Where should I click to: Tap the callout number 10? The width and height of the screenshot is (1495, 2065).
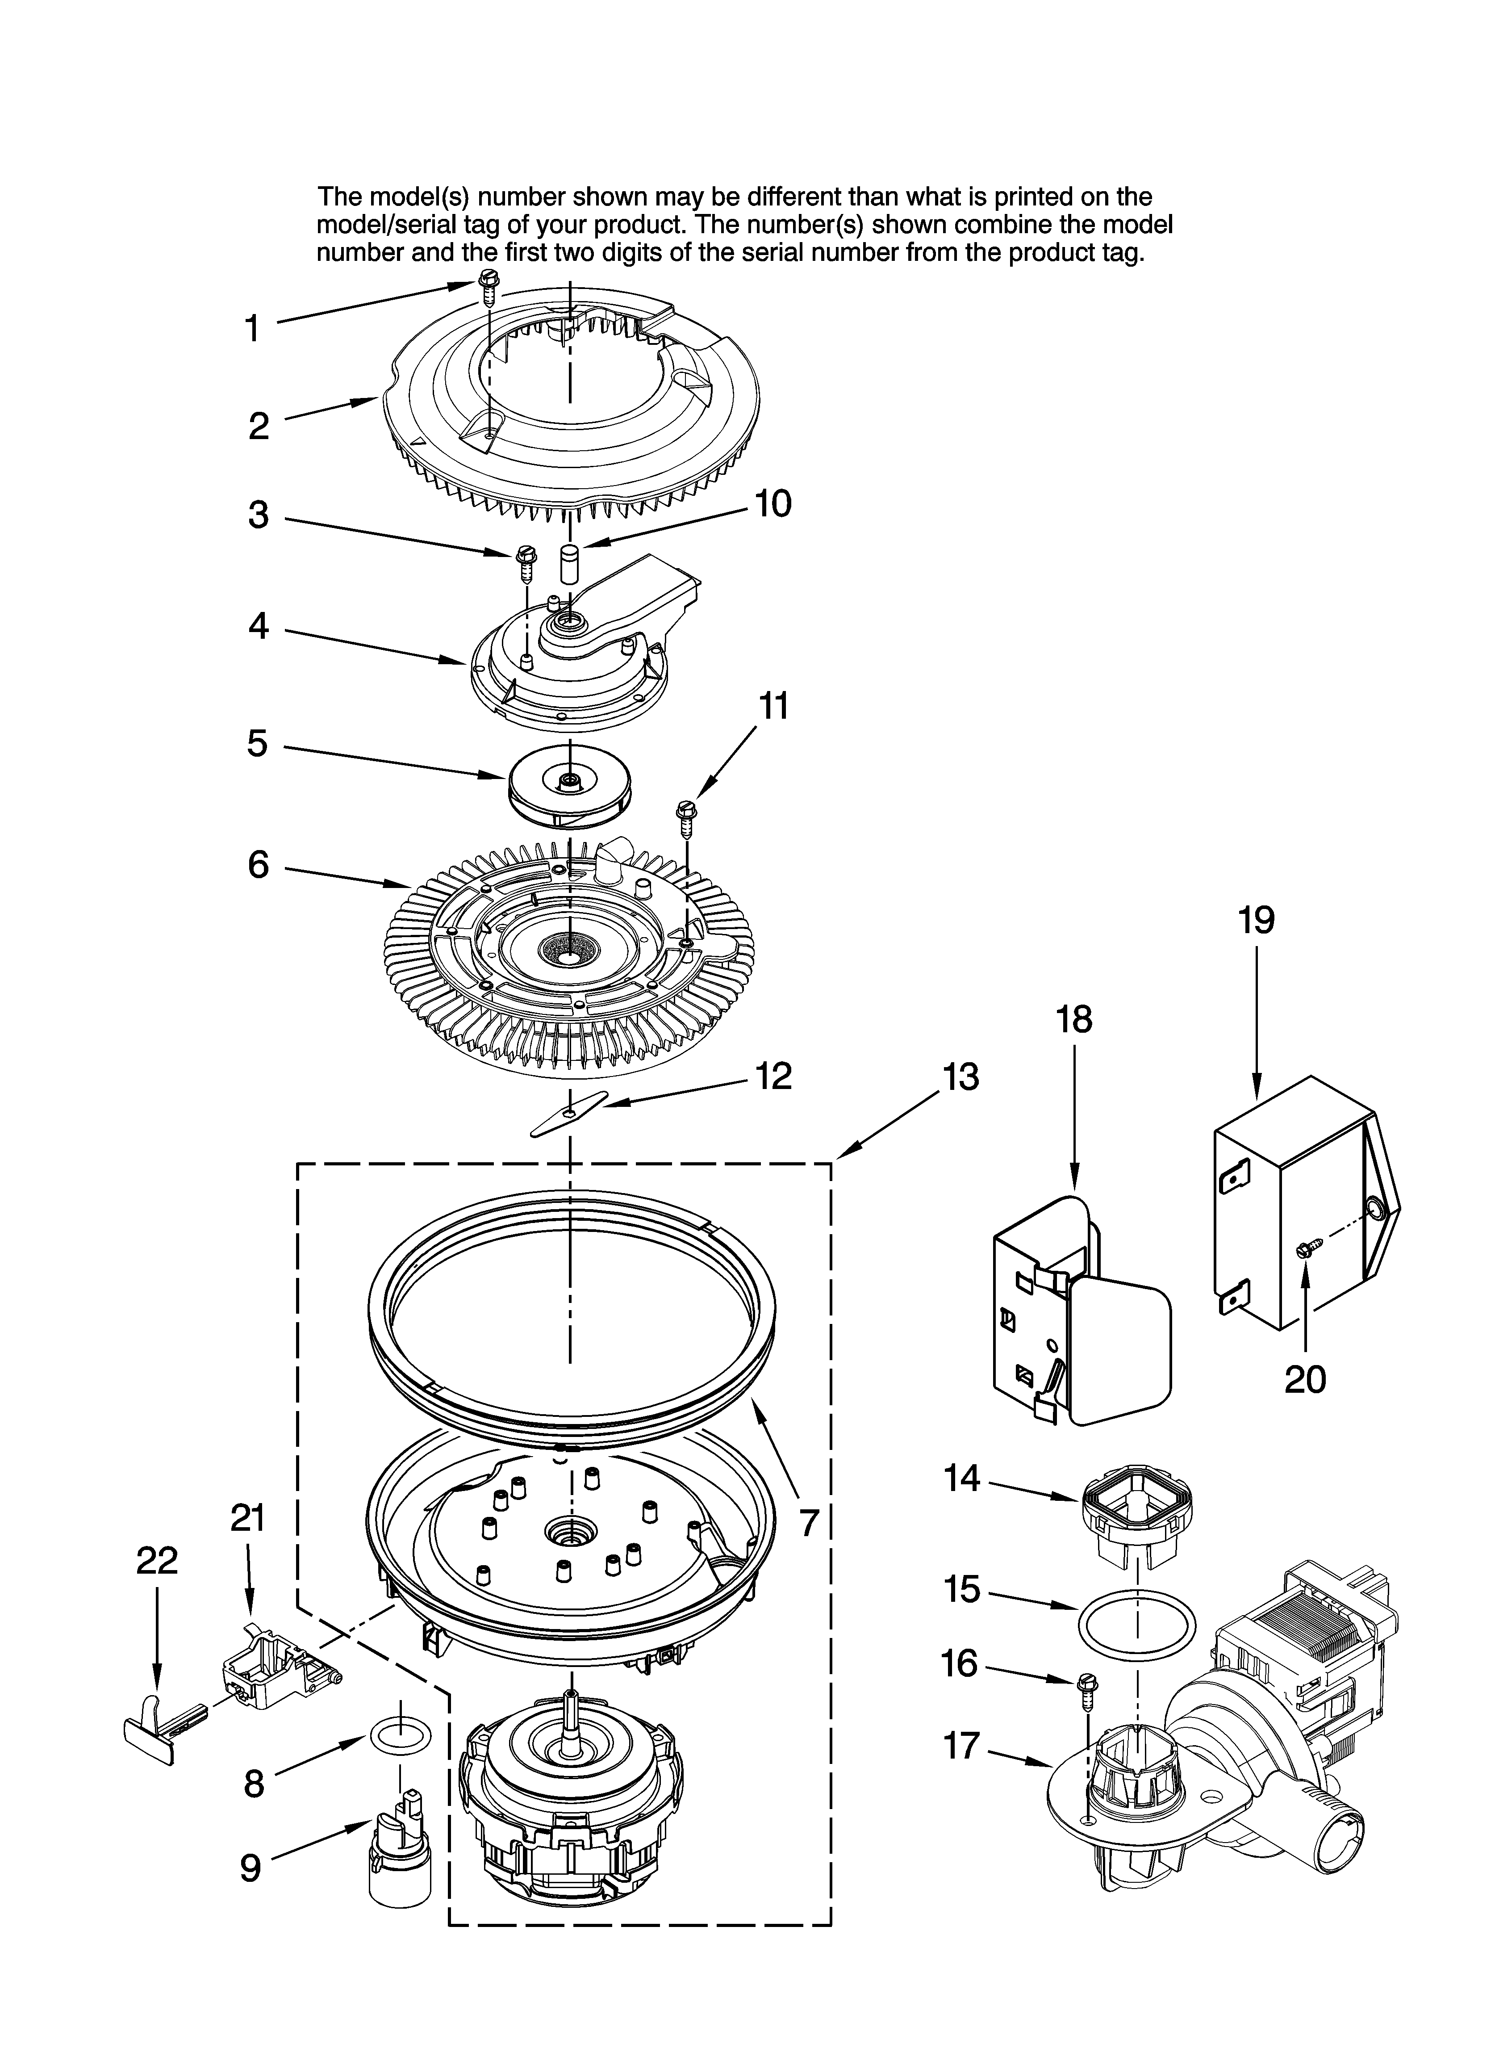pos(772,503)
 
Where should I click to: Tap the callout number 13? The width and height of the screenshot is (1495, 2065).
pos(960,1077)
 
